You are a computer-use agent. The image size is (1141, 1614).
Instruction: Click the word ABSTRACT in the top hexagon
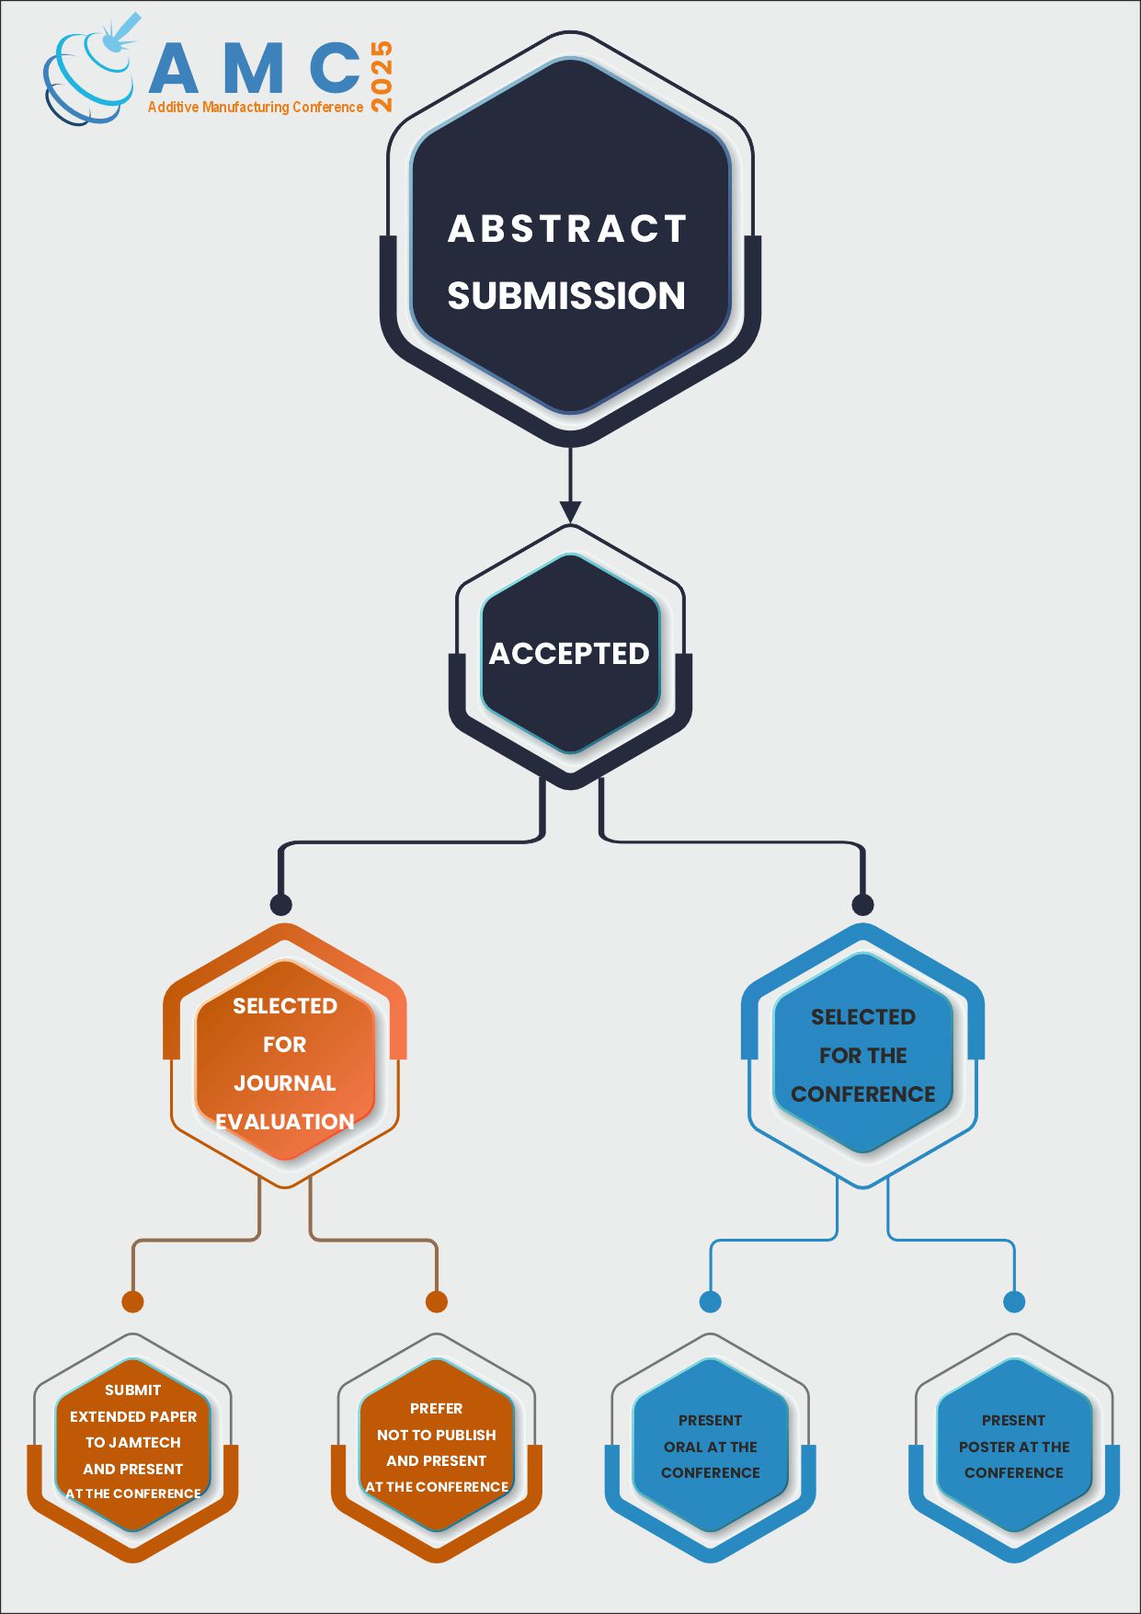[x=567, y=229]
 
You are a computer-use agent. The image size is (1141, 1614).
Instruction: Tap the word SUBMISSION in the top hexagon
[x=566, y=296]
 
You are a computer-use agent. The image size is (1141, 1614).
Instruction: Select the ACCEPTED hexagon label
[x=569, y=653]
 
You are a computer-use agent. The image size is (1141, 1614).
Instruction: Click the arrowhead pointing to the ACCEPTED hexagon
[x=570, y=511]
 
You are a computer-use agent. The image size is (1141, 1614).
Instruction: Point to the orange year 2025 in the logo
[x=381, y=76]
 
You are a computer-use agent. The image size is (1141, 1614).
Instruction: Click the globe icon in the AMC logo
[x=87, y=78]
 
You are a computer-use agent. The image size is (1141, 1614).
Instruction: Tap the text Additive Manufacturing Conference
[x=256, y=108]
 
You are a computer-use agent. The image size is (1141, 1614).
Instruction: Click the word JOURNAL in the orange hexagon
[x=285, y=1083]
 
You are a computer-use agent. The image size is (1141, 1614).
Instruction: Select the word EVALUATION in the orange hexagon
[x=285, y=1122]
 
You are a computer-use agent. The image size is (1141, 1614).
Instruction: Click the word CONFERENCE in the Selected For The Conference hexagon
[x=862, y=1094]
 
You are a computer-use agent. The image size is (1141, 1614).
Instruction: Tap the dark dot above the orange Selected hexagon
[x=281, y=904]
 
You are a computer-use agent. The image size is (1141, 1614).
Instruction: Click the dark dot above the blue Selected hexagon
[x=862, y=904]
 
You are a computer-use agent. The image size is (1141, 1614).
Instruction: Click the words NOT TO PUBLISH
[x=437, y=1435]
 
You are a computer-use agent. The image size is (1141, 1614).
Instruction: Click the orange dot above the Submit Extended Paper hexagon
[x=132, y=1301]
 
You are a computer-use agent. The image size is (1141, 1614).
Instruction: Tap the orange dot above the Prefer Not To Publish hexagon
[x=437, y=1301]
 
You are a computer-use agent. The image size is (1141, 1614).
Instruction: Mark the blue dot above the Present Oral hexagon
[x=710, y=1301]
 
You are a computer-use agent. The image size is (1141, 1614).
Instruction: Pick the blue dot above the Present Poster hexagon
[x=1014, y=1301]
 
